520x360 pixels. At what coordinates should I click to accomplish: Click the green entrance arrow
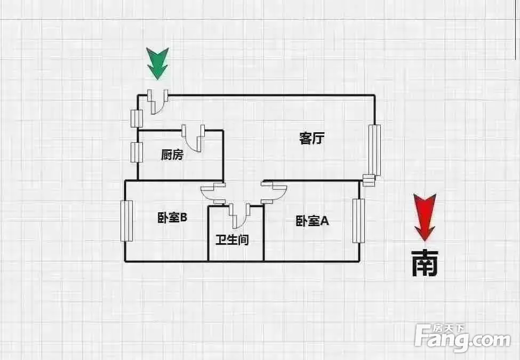[157, 64]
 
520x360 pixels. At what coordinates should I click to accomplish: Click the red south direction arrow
[425, 217]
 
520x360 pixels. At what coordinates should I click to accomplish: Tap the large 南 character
[425, 263]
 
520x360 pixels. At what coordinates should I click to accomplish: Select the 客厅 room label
[311, 138]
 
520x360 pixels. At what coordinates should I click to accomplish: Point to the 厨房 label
[172, 155]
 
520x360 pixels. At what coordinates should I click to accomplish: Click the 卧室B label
[172, 218]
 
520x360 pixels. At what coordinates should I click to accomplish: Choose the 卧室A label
[312, 221]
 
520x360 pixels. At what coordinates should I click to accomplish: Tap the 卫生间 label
[232, 239]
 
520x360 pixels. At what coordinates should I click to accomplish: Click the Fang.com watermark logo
[462, 338]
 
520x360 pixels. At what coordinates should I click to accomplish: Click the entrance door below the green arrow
[158, 102]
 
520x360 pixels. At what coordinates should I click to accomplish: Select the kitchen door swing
[194, 138]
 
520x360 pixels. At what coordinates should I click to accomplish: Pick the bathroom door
[239, 215]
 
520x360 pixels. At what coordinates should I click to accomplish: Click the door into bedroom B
[213, 193]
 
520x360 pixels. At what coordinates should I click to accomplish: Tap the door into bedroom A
[274, 192]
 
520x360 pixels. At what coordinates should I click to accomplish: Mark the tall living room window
[375, 150]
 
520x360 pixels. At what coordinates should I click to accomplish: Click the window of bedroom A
[358, 221]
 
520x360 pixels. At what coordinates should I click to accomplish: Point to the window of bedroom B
[127, 221]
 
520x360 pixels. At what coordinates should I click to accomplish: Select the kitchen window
[137, 153]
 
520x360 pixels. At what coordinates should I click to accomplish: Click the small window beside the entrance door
[137, 118]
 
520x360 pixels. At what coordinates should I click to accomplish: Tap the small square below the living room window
[369, 181]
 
